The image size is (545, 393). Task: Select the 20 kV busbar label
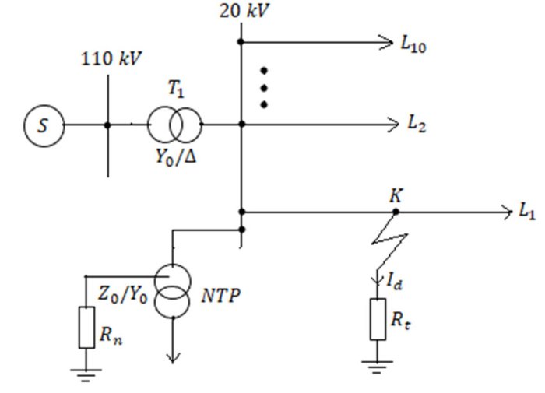[240, 12]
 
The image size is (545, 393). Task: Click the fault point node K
[396, 211]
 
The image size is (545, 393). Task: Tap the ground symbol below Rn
[86, 372]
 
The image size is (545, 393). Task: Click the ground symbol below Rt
[378, 364]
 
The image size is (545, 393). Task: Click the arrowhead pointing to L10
[383, 42]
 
